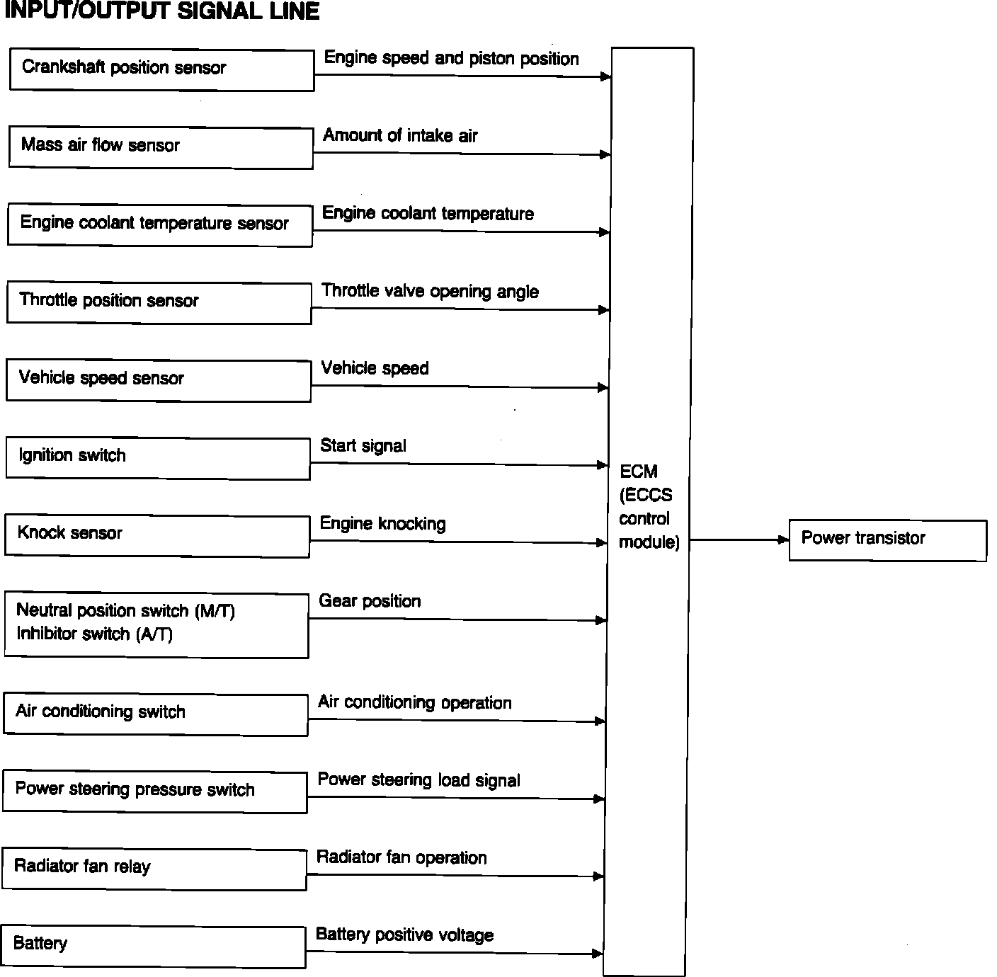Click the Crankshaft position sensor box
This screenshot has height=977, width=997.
(x=161, y=69)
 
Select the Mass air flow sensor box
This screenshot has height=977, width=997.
(x=161, y=147)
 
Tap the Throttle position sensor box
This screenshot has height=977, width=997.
(x=159, y=302)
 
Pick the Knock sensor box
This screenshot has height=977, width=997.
(x=156, y=536)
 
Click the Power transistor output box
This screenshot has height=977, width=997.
(x=887, y=540)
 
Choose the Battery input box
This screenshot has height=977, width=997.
(x=153, y=946)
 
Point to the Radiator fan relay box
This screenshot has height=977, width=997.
(x=154, y=869)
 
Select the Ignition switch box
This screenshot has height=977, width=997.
(x=157, y=457)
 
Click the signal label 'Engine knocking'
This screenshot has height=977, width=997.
(x=382, y=523)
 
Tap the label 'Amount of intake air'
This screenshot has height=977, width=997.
(x=400, y=135)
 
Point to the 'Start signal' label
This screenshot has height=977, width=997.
(x=363, y=445)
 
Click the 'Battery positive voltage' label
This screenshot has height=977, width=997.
(x=404, y=935)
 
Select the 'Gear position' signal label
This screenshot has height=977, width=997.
(x=370, y=601)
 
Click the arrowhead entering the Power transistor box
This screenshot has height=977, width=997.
(x=783, y=539)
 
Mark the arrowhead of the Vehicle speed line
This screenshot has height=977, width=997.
(x=603, y=387)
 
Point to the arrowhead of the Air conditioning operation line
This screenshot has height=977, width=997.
(x=600, y=721)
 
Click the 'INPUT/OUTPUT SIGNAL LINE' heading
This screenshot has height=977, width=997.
(x=161, y=11)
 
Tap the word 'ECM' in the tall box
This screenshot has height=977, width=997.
(x=638, y=472)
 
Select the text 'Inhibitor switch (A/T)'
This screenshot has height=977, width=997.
(x=94, y=634)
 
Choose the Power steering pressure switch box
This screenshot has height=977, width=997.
(x=154, y=792)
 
